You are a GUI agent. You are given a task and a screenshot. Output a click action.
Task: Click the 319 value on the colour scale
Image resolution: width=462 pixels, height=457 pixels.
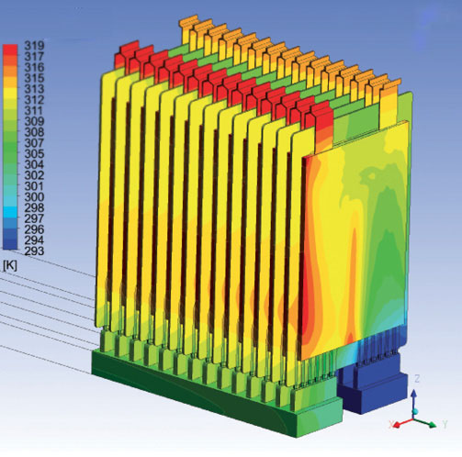coord(34,46)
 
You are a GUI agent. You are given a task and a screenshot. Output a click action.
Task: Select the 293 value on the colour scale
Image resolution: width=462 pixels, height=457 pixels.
coord(34,251)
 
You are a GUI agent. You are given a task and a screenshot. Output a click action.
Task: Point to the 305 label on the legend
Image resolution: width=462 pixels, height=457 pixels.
coord(34,154)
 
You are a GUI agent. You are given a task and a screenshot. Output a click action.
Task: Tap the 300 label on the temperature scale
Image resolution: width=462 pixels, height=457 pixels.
coord(34,197)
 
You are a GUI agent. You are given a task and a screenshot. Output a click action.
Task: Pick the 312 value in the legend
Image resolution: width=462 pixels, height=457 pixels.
coord(34,100)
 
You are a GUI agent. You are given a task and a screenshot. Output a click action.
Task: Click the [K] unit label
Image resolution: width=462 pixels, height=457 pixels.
coord(10,266)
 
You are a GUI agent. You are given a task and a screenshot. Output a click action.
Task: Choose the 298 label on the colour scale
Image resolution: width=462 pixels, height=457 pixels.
coord(34,208)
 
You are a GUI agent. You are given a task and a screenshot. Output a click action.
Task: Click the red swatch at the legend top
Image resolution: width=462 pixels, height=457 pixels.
coord(10,50)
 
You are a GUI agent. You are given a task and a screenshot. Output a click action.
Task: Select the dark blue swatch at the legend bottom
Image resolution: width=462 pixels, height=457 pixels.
coord(10,244)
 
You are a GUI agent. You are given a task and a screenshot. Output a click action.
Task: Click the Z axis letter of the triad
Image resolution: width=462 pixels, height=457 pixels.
coord(417,379)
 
